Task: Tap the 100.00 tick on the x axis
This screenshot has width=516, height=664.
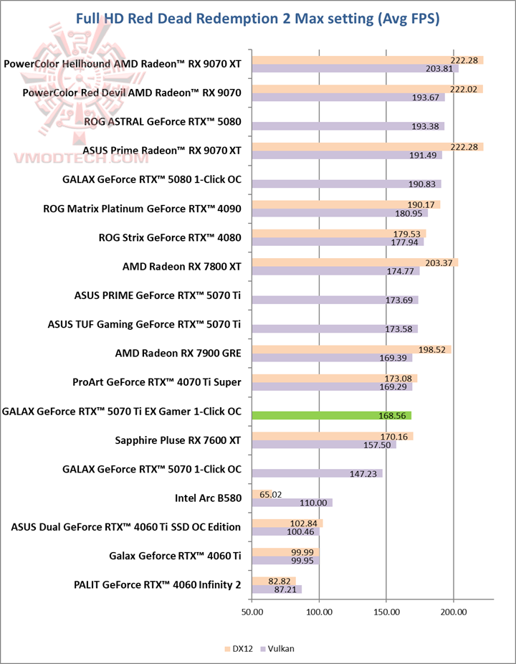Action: [319, 612]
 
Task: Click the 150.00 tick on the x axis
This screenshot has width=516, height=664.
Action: [386, 612]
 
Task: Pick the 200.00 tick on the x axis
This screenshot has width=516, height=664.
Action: [454, 612]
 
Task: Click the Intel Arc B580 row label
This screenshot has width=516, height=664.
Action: [208, 498]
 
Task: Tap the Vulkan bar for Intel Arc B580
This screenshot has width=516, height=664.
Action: [292, 503]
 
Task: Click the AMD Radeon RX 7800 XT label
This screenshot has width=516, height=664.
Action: [182, 267]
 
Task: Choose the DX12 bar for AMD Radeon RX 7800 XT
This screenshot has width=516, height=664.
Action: [355, 262]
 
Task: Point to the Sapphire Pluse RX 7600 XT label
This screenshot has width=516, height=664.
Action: [178, 440]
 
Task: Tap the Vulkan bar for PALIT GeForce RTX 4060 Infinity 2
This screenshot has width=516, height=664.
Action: [276, 589]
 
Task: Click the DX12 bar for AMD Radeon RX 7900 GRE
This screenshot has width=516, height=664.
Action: [351, 349]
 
